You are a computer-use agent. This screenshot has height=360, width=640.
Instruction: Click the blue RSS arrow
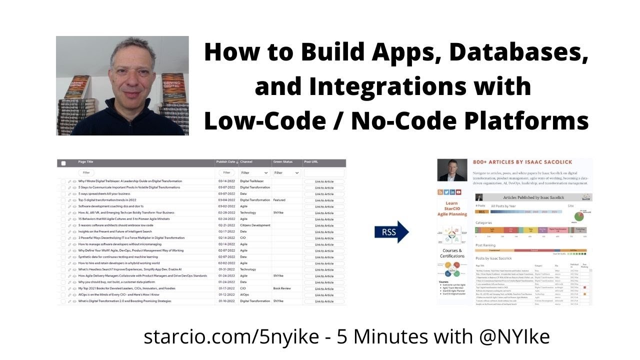[391, 232]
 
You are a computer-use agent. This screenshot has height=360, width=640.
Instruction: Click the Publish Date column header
[226, 162]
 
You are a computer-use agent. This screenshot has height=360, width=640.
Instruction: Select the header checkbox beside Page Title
[63, 163]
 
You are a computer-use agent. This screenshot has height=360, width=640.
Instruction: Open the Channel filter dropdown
[254, 172]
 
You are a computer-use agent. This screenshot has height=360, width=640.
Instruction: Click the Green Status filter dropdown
[286, 172]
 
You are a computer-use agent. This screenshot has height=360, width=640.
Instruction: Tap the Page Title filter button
[86, 172]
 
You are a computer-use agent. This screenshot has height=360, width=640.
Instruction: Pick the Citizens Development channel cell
[255, 225]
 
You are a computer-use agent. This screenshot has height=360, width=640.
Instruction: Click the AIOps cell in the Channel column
[244, 295]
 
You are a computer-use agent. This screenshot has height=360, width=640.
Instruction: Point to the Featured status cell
[279, 200]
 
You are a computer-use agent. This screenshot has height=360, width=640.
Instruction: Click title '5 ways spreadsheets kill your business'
[104, 193]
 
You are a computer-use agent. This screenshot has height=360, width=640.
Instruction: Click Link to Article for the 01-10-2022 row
[324, 301]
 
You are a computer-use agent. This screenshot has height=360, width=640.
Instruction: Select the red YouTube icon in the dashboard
[458, 192]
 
